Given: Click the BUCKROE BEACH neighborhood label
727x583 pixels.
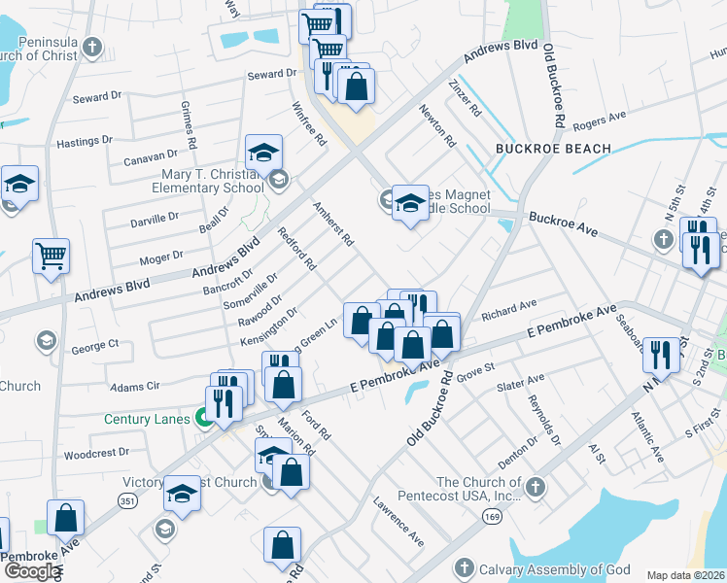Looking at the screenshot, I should (553, 149).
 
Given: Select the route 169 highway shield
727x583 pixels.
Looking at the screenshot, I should (481, 519).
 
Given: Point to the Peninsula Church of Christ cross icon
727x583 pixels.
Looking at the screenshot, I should (92, 46).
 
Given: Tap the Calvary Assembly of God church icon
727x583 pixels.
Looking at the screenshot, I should (464, 568).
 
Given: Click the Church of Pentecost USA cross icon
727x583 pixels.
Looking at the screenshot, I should (535, 486).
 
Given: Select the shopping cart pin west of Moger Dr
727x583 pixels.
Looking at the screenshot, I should (51, 257).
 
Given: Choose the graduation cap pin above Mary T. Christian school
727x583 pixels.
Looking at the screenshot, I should (262, 153).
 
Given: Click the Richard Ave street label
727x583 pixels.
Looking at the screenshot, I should (508, 310).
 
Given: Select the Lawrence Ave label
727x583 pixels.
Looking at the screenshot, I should (398, 520).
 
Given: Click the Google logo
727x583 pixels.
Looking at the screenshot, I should (32, 571).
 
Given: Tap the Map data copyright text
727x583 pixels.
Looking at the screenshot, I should (685, 575).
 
